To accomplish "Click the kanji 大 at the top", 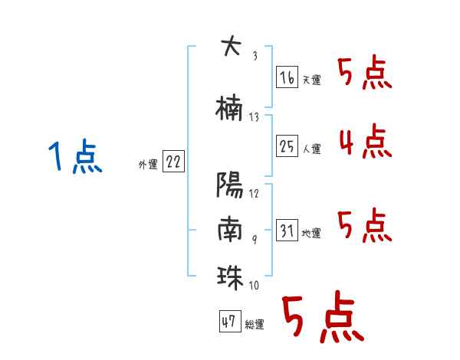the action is (232, 45).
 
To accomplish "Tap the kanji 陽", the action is (230, 185).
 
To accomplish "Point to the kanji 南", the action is (230, 228).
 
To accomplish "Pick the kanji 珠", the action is (230, 277).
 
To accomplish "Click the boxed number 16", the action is (287, 77).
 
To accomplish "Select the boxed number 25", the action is (287, 146).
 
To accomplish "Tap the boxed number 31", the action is (287, 230).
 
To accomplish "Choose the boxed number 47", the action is (230, 321).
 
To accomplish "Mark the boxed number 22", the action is (173, 162).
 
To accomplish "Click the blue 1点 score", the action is (75, 155).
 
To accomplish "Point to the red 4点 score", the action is (366, 141).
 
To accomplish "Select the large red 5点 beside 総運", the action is (323, 316).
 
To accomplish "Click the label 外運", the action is (148, 165).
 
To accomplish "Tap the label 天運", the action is (312, 80).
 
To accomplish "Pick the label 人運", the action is (312, 149).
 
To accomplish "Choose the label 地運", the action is (311, 233).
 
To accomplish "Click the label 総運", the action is (255, 325).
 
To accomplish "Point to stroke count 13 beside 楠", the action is (254, 117).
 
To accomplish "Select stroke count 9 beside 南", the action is (255, 239).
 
